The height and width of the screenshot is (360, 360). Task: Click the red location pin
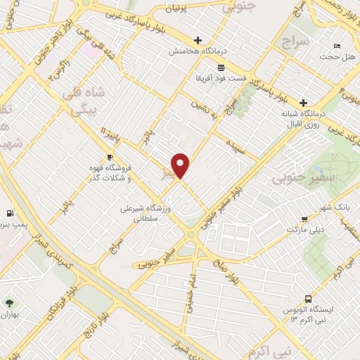pos(181,167)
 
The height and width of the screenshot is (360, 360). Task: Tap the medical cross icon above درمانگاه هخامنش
pos(198,40)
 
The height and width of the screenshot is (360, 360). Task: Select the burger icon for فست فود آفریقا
pos(221,67)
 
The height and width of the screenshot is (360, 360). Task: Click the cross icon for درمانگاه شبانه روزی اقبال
pos(303,102)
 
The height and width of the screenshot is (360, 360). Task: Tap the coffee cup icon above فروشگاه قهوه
pos(109,157)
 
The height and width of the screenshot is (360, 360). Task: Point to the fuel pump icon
pos(8,212)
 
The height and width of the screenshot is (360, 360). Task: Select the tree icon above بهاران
pos(8,303)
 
